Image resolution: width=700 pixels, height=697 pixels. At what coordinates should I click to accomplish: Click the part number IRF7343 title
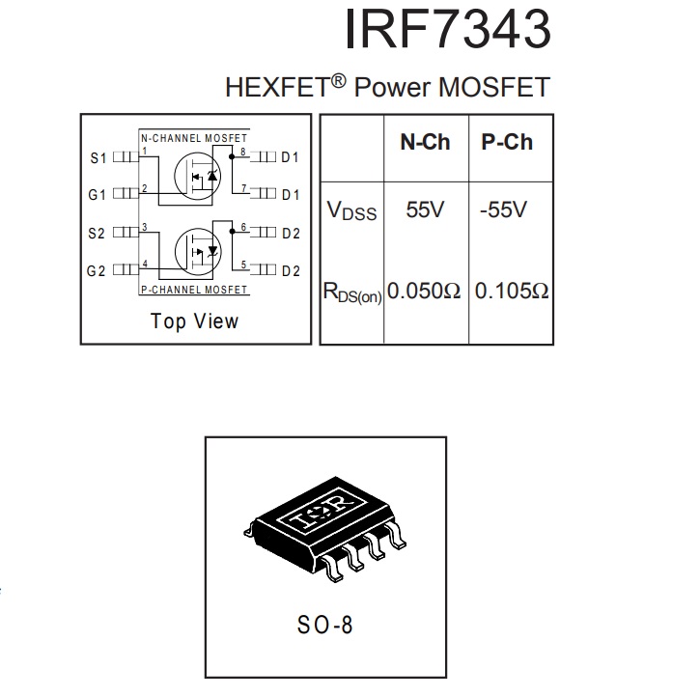pyautogui.click(x=448, y=29)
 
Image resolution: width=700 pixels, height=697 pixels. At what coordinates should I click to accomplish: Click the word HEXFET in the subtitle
pyautogui.click(x=277, y=87)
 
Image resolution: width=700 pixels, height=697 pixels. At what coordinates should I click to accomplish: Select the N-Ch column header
pyautogui.click(x=425, y=142)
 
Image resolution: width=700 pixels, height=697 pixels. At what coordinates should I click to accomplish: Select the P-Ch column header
pyautogui.click(x=507, y=142)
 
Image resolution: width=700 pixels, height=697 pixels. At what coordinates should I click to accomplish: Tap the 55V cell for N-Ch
pyautogui.click(x=425, y=209)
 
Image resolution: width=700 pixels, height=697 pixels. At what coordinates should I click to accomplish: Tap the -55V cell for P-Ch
pyautogui.click(x=504, y=209)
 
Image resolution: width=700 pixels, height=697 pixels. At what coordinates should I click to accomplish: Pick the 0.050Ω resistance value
pyautogui.click(x=424, y=291)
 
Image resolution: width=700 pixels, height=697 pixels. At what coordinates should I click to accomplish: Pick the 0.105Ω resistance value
pyautogui.click(x=512, y=291)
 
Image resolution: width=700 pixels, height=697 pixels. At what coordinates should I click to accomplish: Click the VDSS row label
pyautogui.click(x=351, y=210)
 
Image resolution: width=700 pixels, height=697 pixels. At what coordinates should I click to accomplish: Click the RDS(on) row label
pyautogui.click(x=352, y=293)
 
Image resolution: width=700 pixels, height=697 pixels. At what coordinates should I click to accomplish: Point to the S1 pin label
pyautogui.click(x=98, y=158)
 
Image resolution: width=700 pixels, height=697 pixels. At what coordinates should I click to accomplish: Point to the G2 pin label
pyautogui.click(x=96, y=271)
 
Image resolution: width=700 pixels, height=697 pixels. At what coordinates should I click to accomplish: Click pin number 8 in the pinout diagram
pyautogui.click(x=243, y=152)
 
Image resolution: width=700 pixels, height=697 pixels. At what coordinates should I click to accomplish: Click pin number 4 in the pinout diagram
pyautogui.click(x=145, y=264)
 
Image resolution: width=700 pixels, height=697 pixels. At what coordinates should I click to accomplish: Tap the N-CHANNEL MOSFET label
pyautogui.click(x=194, y=138)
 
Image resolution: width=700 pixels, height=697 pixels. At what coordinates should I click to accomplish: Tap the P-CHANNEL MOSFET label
pyautogui.click(x=194, y=290)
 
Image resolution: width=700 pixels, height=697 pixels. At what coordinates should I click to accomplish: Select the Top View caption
pyautogui.click(x=195, y=321)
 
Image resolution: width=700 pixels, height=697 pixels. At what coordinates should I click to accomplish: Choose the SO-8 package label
pyautogui.click(x=325, y=625)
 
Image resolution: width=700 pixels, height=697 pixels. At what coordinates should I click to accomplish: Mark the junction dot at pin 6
pyautogui.click(x=232, y=231)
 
